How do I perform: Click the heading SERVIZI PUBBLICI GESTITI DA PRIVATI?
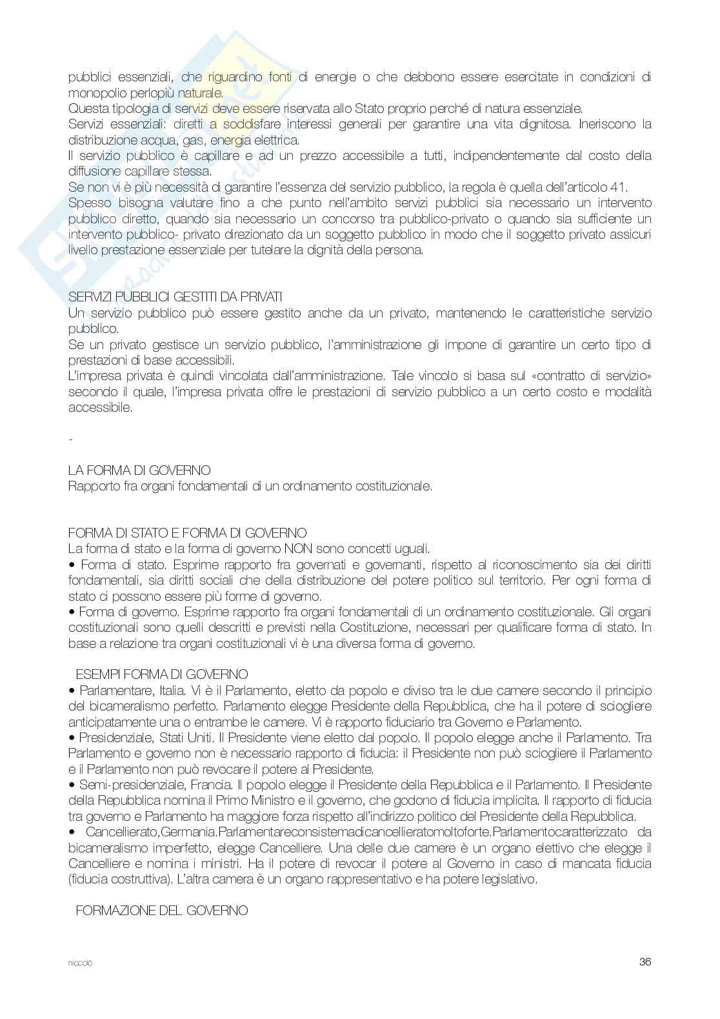pos(175,298)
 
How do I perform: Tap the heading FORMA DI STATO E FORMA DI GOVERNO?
pos(187,534)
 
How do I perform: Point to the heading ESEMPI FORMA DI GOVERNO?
pos(162,675)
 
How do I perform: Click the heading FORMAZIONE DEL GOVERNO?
pos(162,911)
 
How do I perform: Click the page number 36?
pos(645,962)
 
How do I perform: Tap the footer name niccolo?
pos(80,963)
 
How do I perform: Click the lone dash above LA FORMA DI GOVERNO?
pos(70,440)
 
